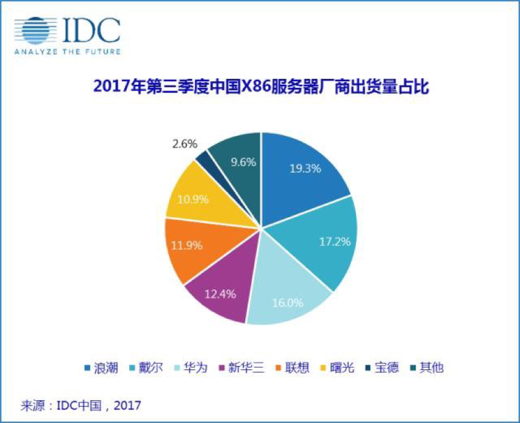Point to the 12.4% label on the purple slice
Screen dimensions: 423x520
219,294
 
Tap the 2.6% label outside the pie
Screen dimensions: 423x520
183,144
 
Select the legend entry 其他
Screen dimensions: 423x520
430,367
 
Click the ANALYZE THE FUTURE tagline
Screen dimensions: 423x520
67,52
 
